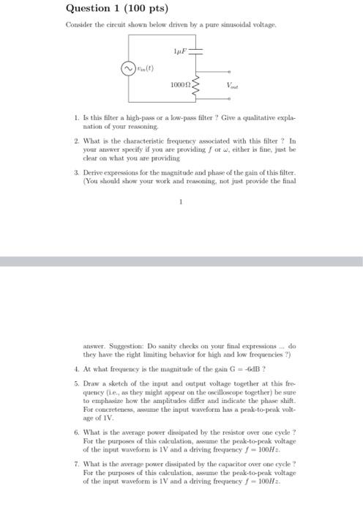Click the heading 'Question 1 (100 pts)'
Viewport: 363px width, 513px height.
click(x=116, y=10)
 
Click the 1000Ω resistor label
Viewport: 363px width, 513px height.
click(x=179, y=86)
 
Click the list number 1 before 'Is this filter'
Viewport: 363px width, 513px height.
click(x=77, y=117)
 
